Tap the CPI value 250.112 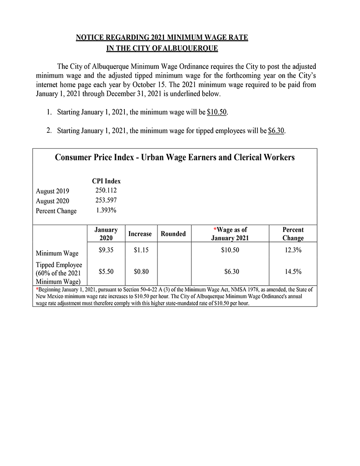[106, 190]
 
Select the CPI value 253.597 [106, 200]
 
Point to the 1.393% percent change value [106, 210]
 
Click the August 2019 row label [52, 191]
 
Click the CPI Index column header [106, 181]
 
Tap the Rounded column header [173, 234]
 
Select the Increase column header [140, 234]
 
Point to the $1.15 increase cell [140, 250]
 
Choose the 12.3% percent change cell [293, 250]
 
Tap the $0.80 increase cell [140, 270]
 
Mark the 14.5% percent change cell [293, 270]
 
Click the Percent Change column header [293, 234]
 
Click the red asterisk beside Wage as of [215, 229]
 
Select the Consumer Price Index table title [175, 158]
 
